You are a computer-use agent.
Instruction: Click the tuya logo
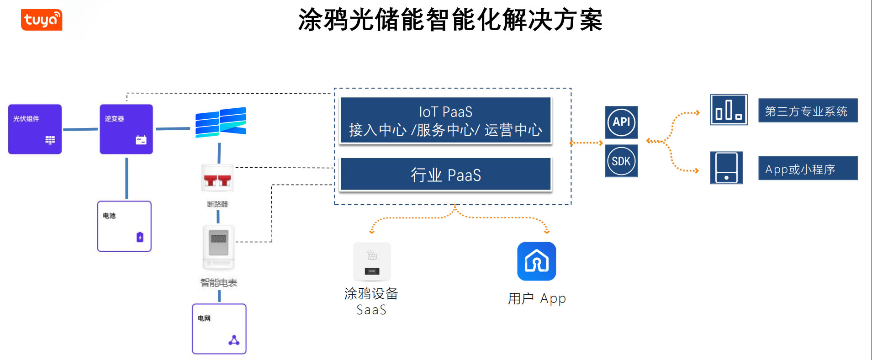(42, 20)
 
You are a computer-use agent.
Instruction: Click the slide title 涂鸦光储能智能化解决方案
(450, 20)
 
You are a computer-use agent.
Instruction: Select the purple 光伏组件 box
(35, 129)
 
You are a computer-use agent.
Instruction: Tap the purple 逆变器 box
(126, 129)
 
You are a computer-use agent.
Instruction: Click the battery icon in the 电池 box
(140, 237)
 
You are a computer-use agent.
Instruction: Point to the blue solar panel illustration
(221, 122)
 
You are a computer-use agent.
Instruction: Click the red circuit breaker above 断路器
(217, 179)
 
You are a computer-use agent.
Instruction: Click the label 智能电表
(218, 283)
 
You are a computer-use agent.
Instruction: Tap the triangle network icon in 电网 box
(234, 340)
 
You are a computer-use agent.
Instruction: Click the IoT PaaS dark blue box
(445, 121)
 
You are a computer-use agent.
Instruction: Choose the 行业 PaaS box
(445, 175)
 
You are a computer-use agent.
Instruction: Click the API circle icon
(621, 122)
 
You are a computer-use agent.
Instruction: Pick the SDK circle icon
(621, 161)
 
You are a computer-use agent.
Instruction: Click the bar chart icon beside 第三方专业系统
(729, 110)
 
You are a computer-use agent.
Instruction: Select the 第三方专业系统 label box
(808, 111)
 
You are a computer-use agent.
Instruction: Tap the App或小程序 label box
(808, 169)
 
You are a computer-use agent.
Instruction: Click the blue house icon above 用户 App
(536, 261)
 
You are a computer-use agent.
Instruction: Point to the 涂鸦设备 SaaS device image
(372, 262)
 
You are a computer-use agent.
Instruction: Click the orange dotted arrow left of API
(586, 143)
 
